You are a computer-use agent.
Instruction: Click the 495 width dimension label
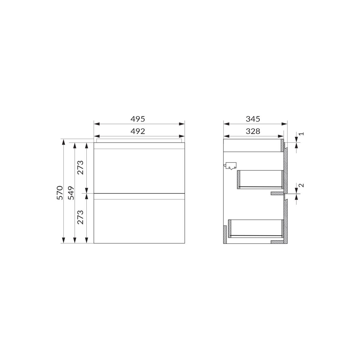[138, 119]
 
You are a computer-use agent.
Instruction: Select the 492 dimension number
[138, 131]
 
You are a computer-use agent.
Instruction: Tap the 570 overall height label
[60, 193]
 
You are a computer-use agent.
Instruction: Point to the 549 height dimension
[71, 193]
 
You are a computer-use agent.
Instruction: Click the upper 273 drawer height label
[80, 167]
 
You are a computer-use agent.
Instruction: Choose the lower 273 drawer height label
[80, 217]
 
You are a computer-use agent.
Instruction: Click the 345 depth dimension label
[253, 119]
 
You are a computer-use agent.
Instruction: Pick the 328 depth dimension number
[253, 131]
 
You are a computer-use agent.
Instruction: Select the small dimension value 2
[301, 185]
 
